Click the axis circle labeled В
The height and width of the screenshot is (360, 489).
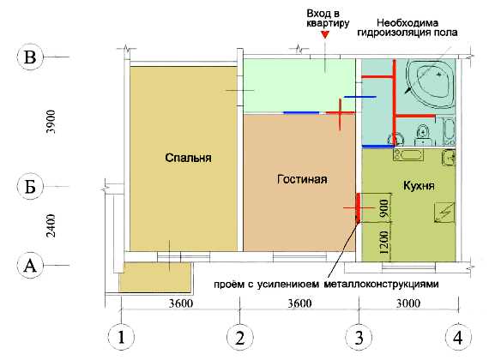pyautogui.click(x=30, y=57)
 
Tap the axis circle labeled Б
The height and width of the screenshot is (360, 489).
pyautogui.click(x=30, y=187)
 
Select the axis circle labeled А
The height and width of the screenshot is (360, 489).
pyautogui.click(x=30, y=266)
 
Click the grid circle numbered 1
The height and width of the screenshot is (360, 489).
pyautogui.click(x=121, y=338)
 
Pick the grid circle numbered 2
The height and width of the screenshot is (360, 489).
pyautogui.click(x=240, y=338)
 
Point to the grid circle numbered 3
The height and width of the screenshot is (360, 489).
pyautogui.click(x=359, y=338)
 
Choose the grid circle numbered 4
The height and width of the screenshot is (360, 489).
pyautogui.click(x=458, y=338)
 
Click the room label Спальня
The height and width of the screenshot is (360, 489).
pyautogui.click(x=188, y=158)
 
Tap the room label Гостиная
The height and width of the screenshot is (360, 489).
pyautogui.click(x=302, y=179)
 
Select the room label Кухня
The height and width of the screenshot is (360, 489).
pyautogui.click(x=419, y=186)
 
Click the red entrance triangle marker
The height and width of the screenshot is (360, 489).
pyautogui.click(x=325, y=34)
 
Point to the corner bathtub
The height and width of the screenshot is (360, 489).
pyautogui.click(x=430, y=83)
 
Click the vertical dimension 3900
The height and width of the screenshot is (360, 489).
pyautogui.click(x=51, y=122)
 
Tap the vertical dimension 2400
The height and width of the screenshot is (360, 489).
pyautogui.click(x=51, y=225)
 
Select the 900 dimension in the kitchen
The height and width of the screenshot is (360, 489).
pyautogui.click(x=384, y=208)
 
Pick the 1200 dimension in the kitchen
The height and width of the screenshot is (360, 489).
pyautogui.click(x=384, y=243)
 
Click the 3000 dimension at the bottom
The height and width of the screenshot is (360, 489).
pyautogui.click(x=408, y=303)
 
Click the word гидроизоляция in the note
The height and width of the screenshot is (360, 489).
pyautogui.click(x=392, y=33)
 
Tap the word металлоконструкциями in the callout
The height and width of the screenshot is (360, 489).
pyautogui.click(x=382, y=285)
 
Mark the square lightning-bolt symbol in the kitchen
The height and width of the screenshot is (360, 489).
pyautogui.click(x=444, y=212)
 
